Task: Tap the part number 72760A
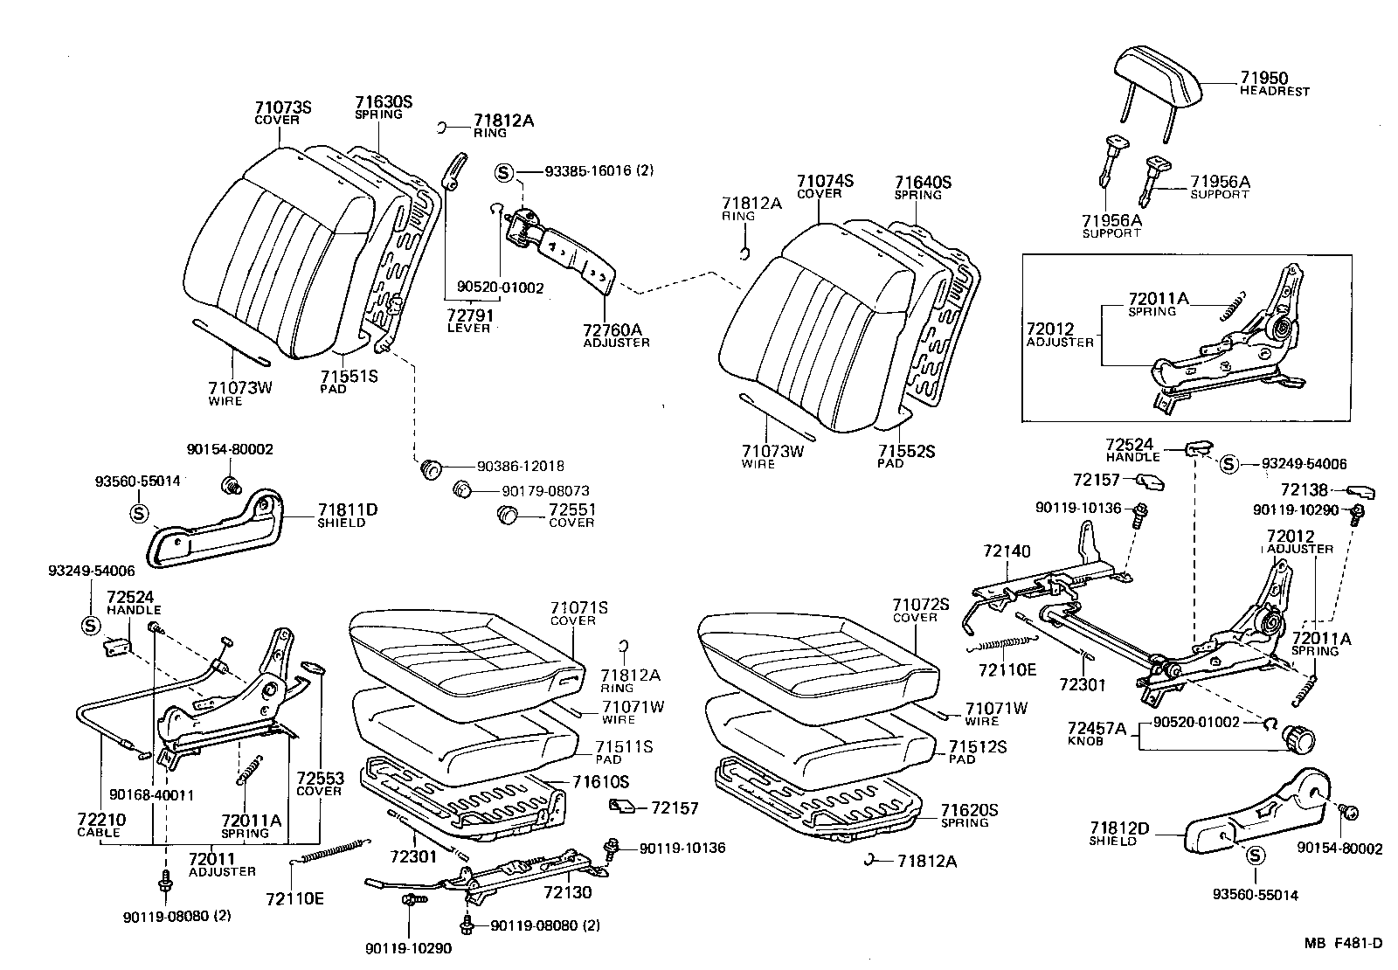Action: pos(612,330)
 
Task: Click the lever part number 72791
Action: pos(469,315)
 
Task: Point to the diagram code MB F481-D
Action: pos(1344,942)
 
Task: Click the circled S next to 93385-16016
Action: pos(504,172)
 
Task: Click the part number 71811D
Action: pos(347,509)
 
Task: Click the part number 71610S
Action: pos(600,781)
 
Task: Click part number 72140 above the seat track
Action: pos(1007,551)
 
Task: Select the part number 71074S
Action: pos(824,181)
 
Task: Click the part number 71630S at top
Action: pos(384,101)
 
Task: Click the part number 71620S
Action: pos(969,810)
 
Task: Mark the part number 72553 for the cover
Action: pos(319,778)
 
